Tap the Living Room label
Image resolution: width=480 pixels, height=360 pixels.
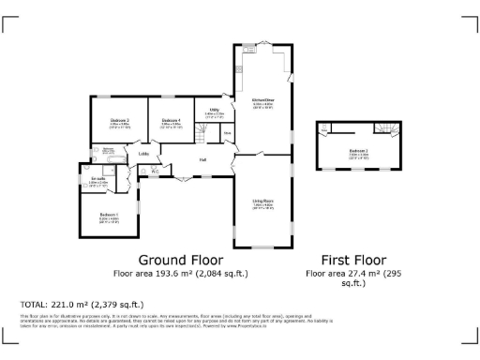coord(262,201)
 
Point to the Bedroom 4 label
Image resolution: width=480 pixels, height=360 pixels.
coord(170,121)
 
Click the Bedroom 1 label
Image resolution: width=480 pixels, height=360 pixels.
coord(108,214)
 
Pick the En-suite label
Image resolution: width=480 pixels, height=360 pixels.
coord(97,178)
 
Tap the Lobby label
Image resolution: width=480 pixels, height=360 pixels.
coord(144,154)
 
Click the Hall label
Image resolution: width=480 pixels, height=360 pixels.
coord(202,159)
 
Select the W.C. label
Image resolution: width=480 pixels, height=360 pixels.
coord(154,171)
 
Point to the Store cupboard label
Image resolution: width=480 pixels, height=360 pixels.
coord(227,133)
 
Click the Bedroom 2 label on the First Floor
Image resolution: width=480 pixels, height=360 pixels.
coord(358,150)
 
